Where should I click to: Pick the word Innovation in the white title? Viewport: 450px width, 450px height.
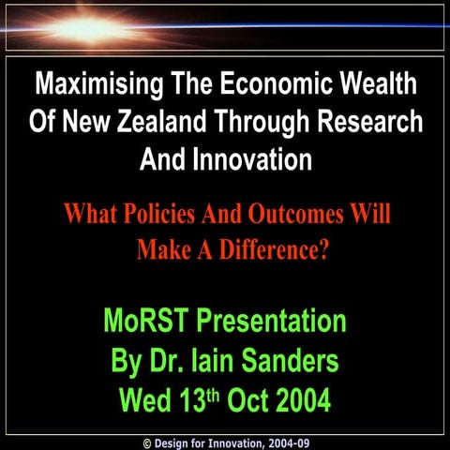253,159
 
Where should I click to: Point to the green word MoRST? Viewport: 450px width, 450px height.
146,322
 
